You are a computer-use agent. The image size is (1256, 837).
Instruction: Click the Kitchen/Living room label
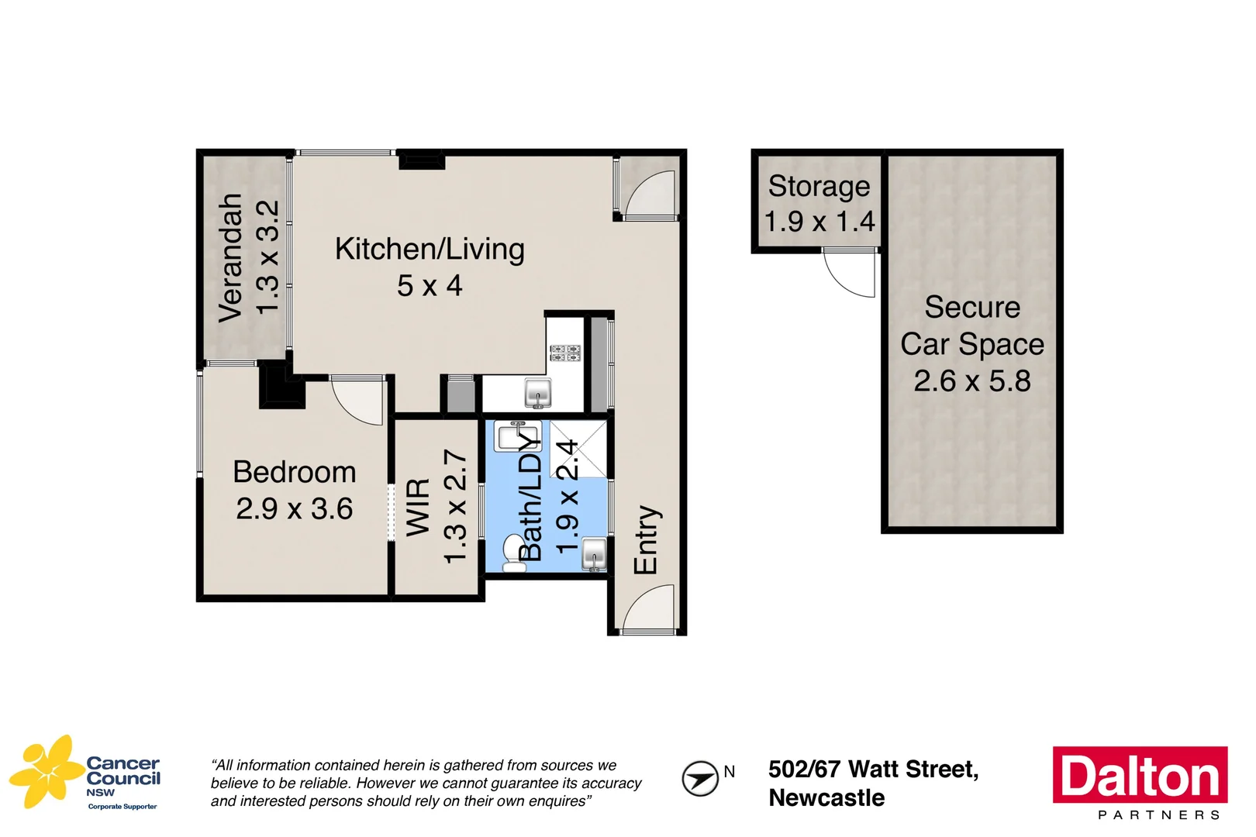pyautogui.click(x=430, y=249)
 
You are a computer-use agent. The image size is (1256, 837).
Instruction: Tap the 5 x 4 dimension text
pyautogui.click(x=430, y=286)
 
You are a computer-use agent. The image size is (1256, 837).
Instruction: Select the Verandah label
pyautogui.click(x=230, y=257)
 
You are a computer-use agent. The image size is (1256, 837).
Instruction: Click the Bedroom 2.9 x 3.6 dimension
pyautogui.click(x=295, y=509)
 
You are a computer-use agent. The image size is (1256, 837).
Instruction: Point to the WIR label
pyautogui.click(x=418, y=507)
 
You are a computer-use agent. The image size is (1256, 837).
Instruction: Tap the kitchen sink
pyautogui.click(x=538, y=393)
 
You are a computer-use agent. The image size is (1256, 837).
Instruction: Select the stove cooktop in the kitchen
pyautogui.click(x=565, y=353)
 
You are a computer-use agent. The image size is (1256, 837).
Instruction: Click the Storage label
pyautogui.click(x=819, y=187)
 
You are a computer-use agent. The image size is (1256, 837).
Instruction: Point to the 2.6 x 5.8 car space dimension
pyautogui.click(x=972, y=381)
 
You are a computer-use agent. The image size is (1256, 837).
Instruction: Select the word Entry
pyautogui.click(x=646, y=539)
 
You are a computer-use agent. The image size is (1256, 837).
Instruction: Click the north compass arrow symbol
pyautogui.click(x=699, y=778)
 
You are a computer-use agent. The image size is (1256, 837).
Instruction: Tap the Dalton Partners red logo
pyautogui.click(x=1140, y=775)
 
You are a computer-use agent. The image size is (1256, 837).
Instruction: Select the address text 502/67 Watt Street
pyautogui.click(x=873, y=769)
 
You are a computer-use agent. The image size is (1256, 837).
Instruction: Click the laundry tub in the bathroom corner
pyautogui.click(x=594, y=553)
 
